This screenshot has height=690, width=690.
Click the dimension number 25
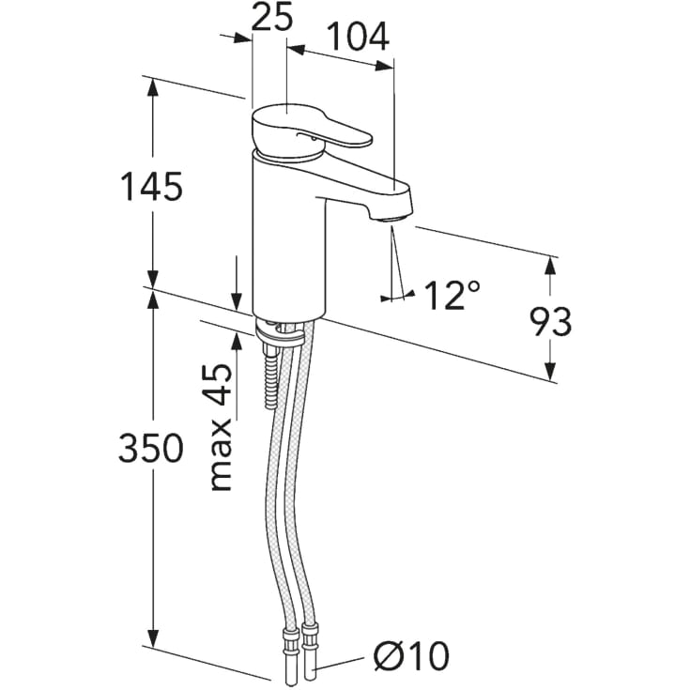pyautogui.click(x=272, y=18)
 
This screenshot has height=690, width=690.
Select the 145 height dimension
pyautogui.click(x=151, y=187)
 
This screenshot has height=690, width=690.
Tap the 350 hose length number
pyautogui.click(x=151, y=448)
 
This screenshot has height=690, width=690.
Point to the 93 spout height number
pyautogui.click(x=550, y=322)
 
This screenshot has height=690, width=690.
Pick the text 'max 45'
pyautogui.click(x=221, y=427)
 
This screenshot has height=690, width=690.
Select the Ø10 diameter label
pyautogui.click(x=411, y=655)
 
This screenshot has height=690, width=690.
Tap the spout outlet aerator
pyautogui.click(x=392, y=219)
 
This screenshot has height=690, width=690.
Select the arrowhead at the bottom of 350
pyautogui.click(x=152, y=637)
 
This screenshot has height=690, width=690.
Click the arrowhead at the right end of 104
pyautogui.click(x=384, y=67)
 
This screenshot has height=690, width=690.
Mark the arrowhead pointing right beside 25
pyautogui.click(x=242, y=38)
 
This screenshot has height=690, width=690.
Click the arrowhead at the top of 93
pyautogui.click(x=550, y=267)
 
